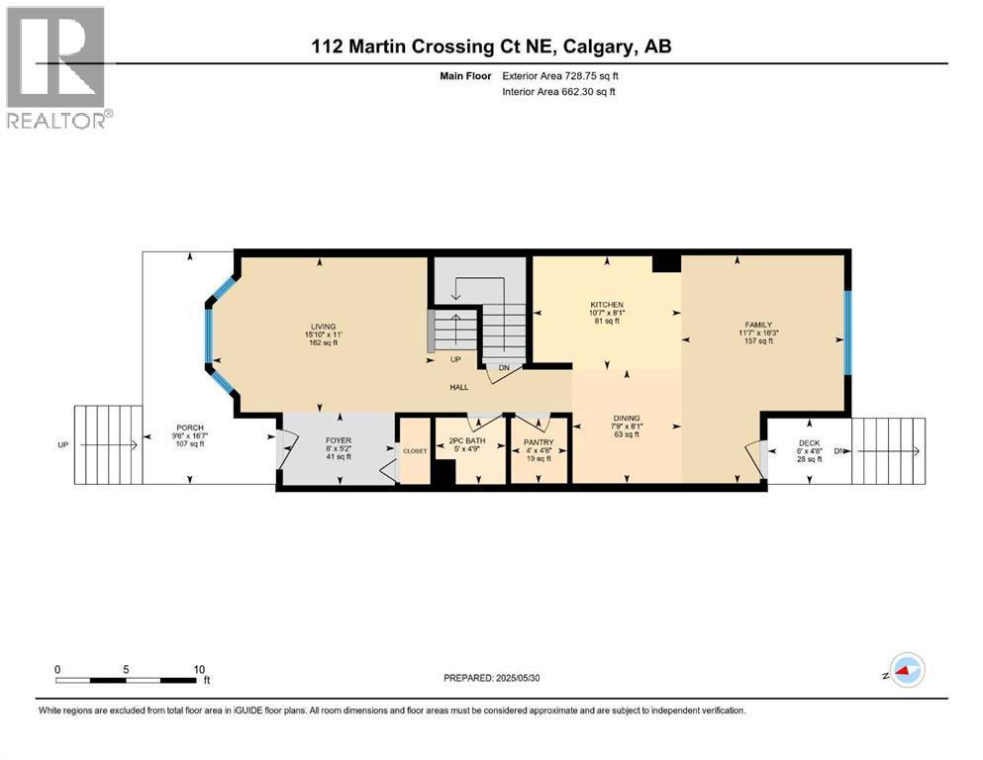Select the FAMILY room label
[x=758, y=324]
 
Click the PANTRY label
[x=539, y=441]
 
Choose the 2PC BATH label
[x=469, y=441]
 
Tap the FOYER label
[x=339, y=440]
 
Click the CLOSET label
[x=414, y=449]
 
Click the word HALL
[x=458, y=387]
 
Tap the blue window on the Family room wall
[x=847, y=332]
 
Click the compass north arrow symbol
[x=904, y=671]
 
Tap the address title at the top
[x=490, y=46]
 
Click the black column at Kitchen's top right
[x=666, y=261]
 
